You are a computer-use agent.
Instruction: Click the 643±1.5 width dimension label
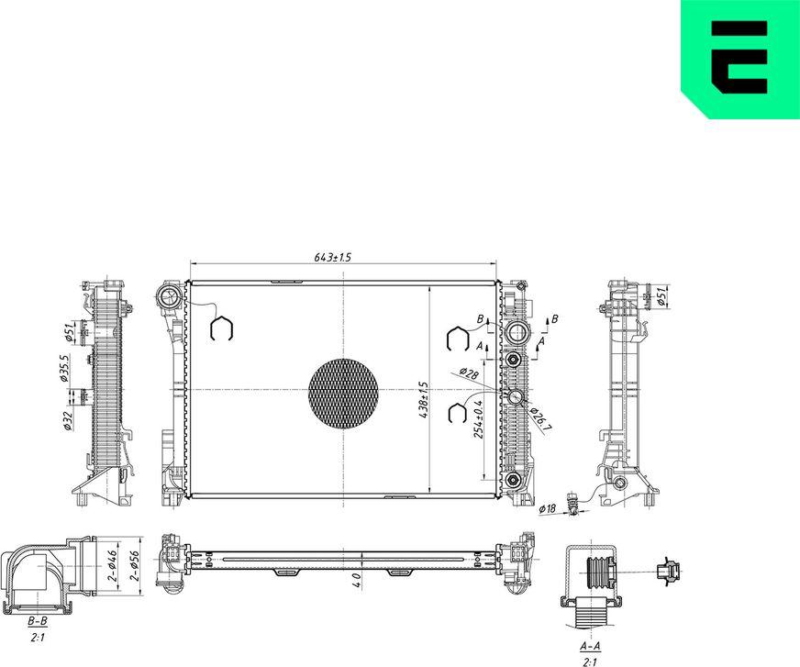click(333, 257)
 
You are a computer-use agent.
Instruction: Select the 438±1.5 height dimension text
click(423, 401)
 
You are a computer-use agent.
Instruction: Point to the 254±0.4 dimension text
click(478, 420)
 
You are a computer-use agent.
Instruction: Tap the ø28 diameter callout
click(469, 373)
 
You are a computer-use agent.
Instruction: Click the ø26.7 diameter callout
click(540, 419)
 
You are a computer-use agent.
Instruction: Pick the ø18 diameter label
click(548, 508)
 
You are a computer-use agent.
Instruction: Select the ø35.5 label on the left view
click(64, 369)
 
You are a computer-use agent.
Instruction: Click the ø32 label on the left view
click(68, 421)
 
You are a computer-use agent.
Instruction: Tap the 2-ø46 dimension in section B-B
click(113, 565)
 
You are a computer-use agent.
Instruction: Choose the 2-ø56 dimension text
click(135, 565)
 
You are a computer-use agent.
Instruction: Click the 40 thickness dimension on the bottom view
click(357, 579)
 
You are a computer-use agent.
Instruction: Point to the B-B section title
click(38, 621)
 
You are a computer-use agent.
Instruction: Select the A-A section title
click(590, 646)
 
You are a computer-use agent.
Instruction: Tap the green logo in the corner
click(740, 59)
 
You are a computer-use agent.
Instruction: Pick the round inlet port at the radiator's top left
click(169, 297)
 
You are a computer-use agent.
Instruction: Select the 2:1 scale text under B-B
click(38, 638)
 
